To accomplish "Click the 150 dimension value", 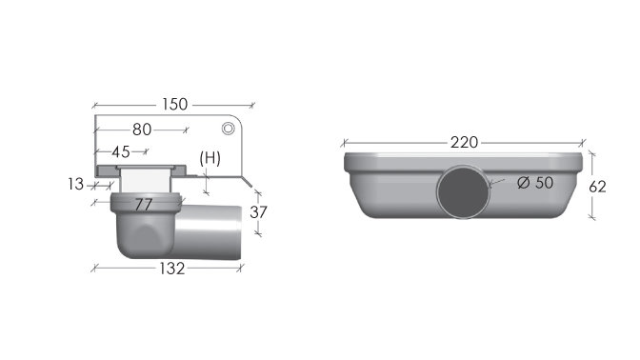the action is [x=174, y=105].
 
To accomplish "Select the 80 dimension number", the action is [x=142, y=130].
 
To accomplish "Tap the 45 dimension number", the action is [x=121, y=152].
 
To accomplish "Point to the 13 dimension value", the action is [x=75, y=185].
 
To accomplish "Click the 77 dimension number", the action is [x=144, y=205].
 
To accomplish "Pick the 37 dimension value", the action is [x=258, y=212].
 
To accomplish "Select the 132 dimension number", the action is [x=171, y=269].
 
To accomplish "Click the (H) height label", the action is [x=210, y=158].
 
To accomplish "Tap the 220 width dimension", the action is [x=464, y=143].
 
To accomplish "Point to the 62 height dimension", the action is [x=597, y=187].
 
